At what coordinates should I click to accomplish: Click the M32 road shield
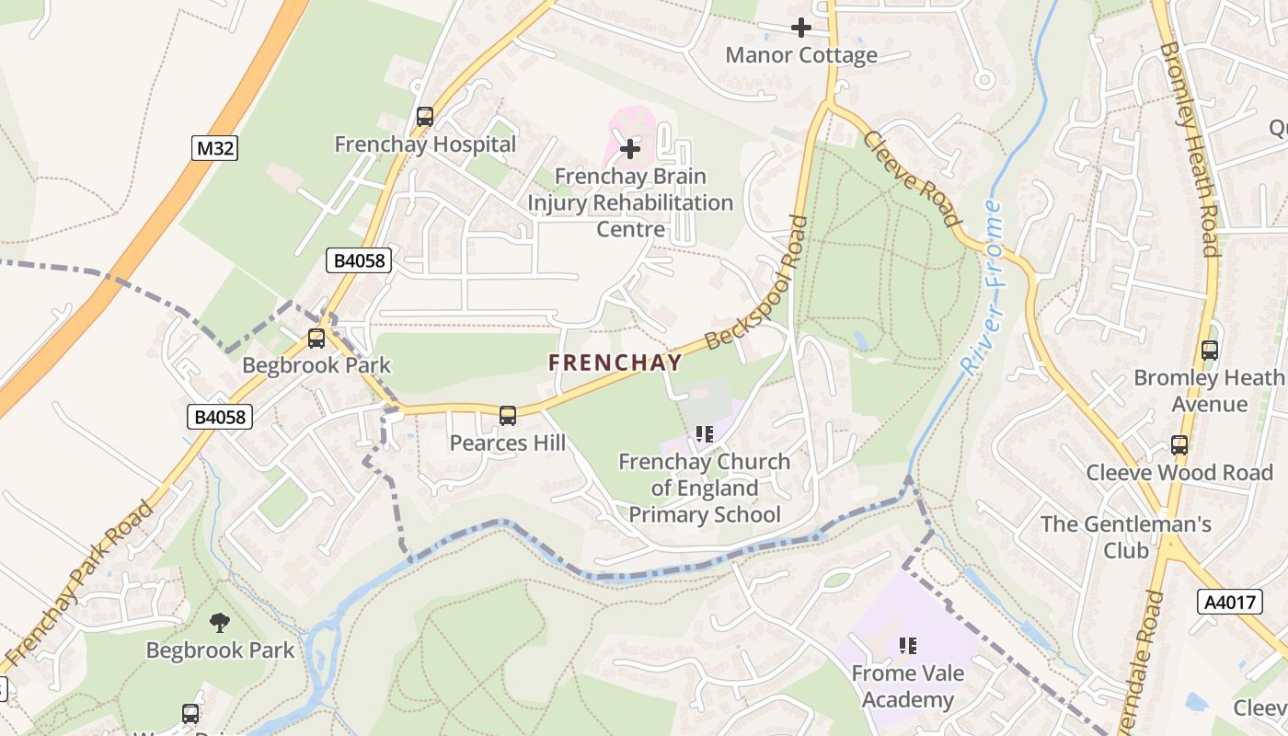214,148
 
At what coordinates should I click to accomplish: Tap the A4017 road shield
1229,603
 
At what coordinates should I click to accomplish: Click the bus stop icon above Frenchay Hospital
424,117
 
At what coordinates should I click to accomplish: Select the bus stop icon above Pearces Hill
508,416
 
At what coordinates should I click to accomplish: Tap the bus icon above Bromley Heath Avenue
1210,351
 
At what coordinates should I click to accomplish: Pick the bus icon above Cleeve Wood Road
1179,445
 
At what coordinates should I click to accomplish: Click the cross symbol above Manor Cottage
801,28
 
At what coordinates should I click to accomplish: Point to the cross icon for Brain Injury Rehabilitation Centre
630,148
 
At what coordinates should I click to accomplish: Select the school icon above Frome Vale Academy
908,646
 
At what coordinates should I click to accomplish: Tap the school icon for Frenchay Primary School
705,433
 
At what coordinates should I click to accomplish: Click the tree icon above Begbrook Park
220,623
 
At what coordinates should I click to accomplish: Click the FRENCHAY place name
615,362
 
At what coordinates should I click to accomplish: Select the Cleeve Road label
912,178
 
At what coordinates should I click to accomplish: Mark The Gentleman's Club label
1126,537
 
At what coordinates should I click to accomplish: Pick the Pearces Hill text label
508,443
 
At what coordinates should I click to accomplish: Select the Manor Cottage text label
801,55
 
